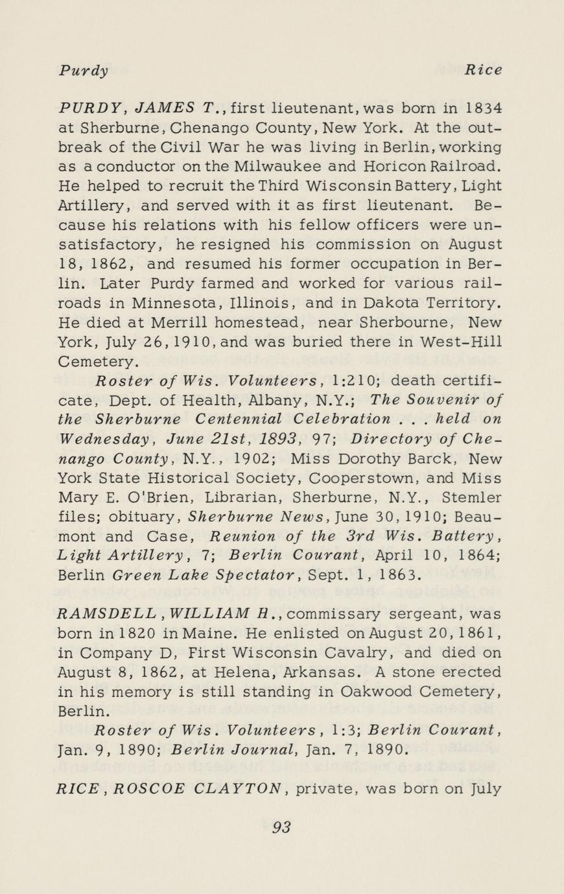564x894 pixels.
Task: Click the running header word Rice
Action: [483, 70]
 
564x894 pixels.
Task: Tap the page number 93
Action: [281, 827]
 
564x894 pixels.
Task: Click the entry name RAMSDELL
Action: [108, 613]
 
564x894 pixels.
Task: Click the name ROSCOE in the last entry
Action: [149, 790]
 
